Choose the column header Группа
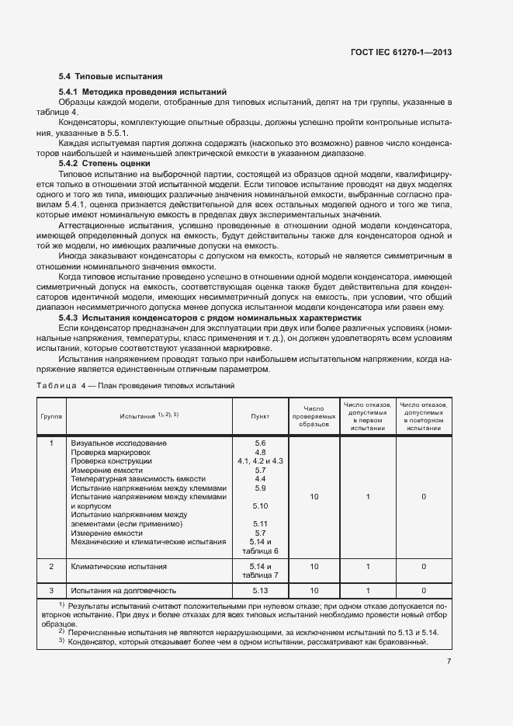pyautogui.click(x=51, y=416)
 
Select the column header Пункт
pyautogui.click(x=260, y=416)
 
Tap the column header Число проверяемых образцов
pyautogui.click(x=314, y=416)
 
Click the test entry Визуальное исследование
pyautogui.click(x=119, y=443)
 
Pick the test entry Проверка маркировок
pyautogui.click(x=112, y=452)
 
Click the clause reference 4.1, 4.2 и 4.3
pyautogui.click(x=260, y=461)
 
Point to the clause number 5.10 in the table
pyautogui.click(x=260, y=506)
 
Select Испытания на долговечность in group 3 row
pyautogui.click(x=123, y=590)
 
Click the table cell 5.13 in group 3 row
pyautogui.click(x=260, y=590)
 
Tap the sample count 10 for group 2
pyautogui.click(x=314, y=568)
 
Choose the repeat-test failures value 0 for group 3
pyautogui.click(x=423, y=590)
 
